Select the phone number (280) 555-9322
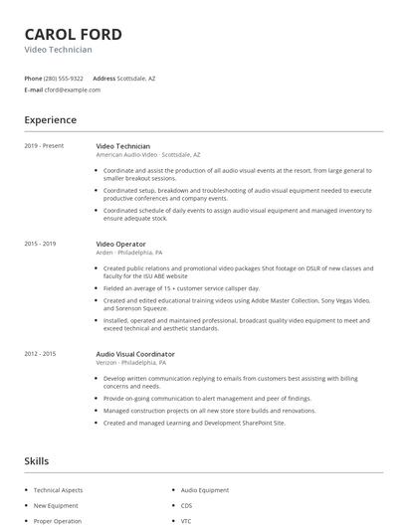[x=64, y=78]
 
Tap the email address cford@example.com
[x=72, y=89]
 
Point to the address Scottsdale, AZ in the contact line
[x=136, y=78]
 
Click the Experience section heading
[x=51, y=120]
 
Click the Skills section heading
[x=37, y=461]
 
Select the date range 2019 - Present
[x=44, y=146]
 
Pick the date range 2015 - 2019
[x=40, y=244]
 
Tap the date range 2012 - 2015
[x=40, y=354]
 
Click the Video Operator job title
[x=120, y=244]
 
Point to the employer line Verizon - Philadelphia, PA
[x=131, y=363]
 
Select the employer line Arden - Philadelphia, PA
[x=129, y=253]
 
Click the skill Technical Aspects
[x=58, y=490]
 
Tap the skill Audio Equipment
[x=204, y=490]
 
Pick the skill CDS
[x=186, y=505]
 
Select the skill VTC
[x=186, y=520]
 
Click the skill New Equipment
[x=55, y=505]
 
